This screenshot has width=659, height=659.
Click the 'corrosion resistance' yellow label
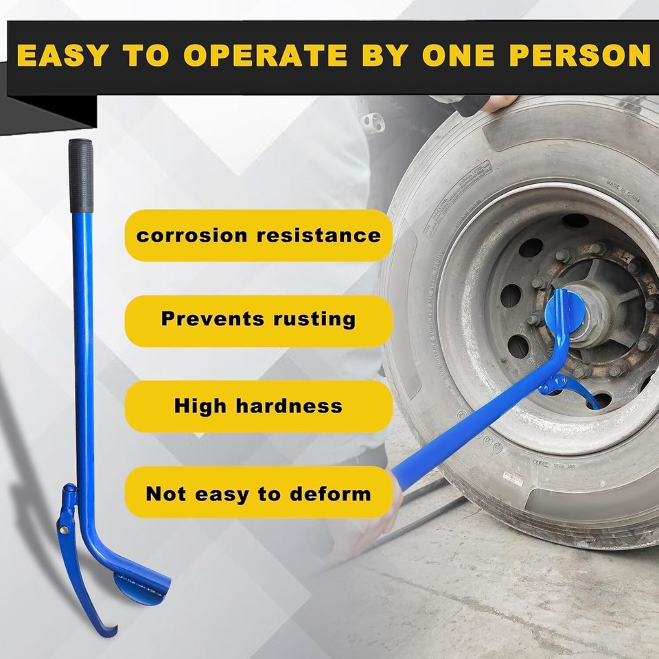pyautogui.click(x=258, y=235)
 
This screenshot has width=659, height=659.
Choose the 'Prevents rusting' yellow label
pyautogui.click(x=258, y=319)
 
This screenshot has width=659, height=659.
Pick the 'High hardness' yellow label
pyautogui.click(x=258, y=406)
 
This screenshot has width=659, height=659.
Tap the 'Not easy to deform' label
pyautogui.click(x=258, y=493)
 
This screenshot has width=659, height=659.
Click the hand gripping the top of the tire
pyautogui.click(x=498, y=102)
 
